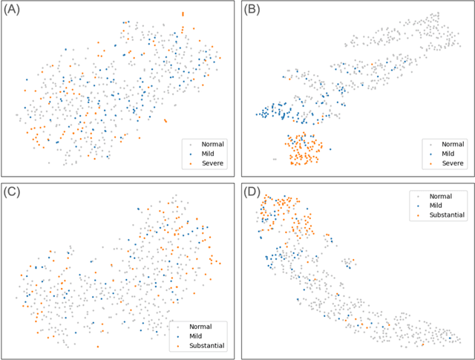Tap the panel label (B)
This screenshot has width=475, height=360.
pyautogui.click(x=255, y=12)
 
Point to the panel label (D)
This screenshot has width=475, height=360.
pyautogui.click(x=255, y=192)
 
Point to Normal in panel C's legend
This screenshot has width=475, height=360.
pyautogui.click(x=202, y=326)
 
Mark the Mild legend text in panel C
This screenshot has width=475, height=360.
pyautogui.click(x=197, y=336)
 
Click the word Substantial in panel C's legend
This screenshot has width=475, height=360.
pyautogui.click(x=208, y=346)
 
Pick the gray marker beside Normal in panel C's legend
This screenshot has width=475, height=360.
pyautogui.click(x=180, y=326)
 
